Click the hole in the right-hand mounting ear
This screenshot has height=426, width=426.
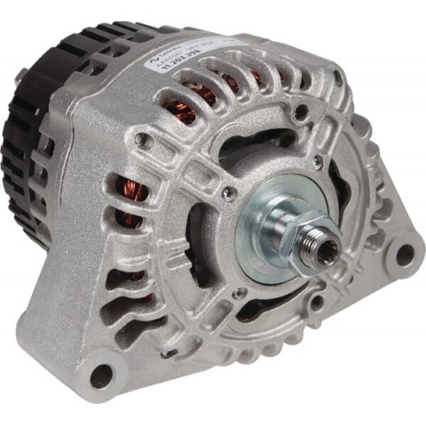404,256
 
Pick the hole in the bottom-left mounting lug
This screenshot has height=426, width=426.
103,375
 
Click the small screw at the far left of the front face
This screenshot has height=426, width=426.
138,139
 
